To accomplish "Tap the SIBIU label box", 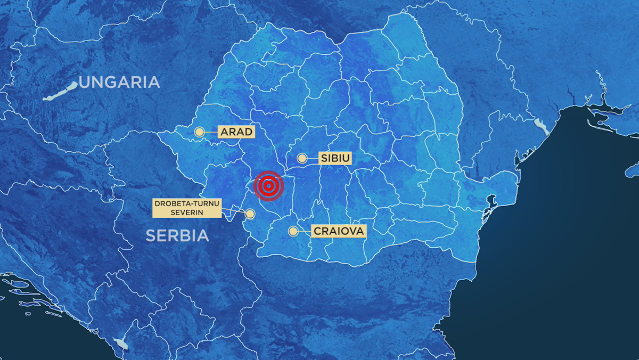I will (335, 158).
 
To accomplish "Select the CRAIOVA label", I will (338, 231).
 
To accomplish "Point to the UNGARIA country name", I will (119, 83).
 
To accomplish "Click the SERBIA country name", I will (177, 235).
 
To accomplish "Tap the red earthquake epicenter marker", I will (269, 186).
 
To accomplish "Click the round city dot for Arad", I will (199, 132).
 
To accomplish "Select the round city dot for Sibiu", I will (302, 158).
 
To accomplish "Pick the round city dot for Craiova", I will (293, 231).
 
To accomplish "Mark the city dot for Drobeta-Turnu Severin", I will (250, 214).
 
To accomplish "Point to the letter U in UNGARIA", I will (85, 83).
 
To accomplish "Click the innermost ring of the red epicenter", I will (269, 186).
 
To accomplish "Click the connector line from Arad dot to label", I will (211, 132).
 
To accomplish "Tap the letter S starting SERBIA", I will (151, 235).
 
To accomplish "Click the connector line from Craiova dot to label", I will (304, 231).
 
